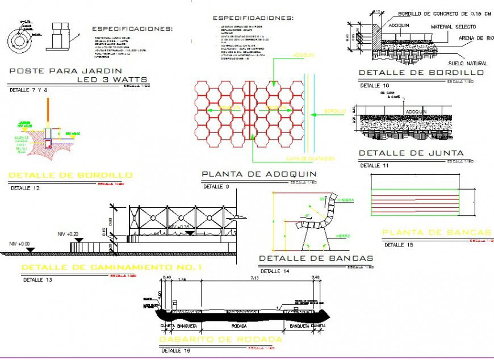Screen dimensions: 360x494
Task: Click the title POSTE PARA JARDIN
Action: [x=58, y=71]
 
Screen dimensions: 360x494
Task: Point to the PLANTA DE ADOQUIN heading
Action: [x=259, y=174]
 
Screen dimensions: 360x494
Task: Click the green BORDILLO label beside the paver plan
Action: [x=334, y=111]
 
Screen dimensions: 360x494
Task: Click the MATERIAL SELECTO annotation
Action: [x=453, y=27]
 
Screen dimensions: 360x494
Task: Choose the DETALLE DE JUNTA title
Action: [x=411, y=153]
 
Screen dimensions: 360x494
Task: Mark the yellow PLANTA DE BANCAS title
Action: [x=436, y=232]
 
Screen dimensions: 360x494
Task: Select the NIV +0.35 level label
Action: [x=181, y=226]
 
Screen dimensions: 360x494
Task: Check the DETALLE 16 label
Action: [x=174, y=350]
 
